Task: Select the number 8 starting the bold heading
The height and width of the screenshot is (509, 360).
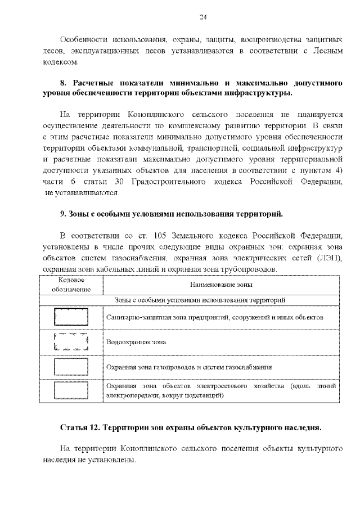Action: coord(63,83)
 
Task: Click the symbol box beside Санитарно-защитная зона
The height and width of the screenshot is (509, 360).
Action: coord(71,317)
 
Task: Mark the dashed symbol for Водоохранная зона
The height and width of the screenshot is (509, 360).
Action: coord(71,342)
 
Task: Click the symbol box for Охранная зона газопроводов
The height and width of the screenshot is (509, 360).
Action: coord(71,367)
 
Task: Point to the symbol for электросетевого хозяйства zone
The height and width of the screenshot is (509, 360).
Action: coord(71,391)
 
